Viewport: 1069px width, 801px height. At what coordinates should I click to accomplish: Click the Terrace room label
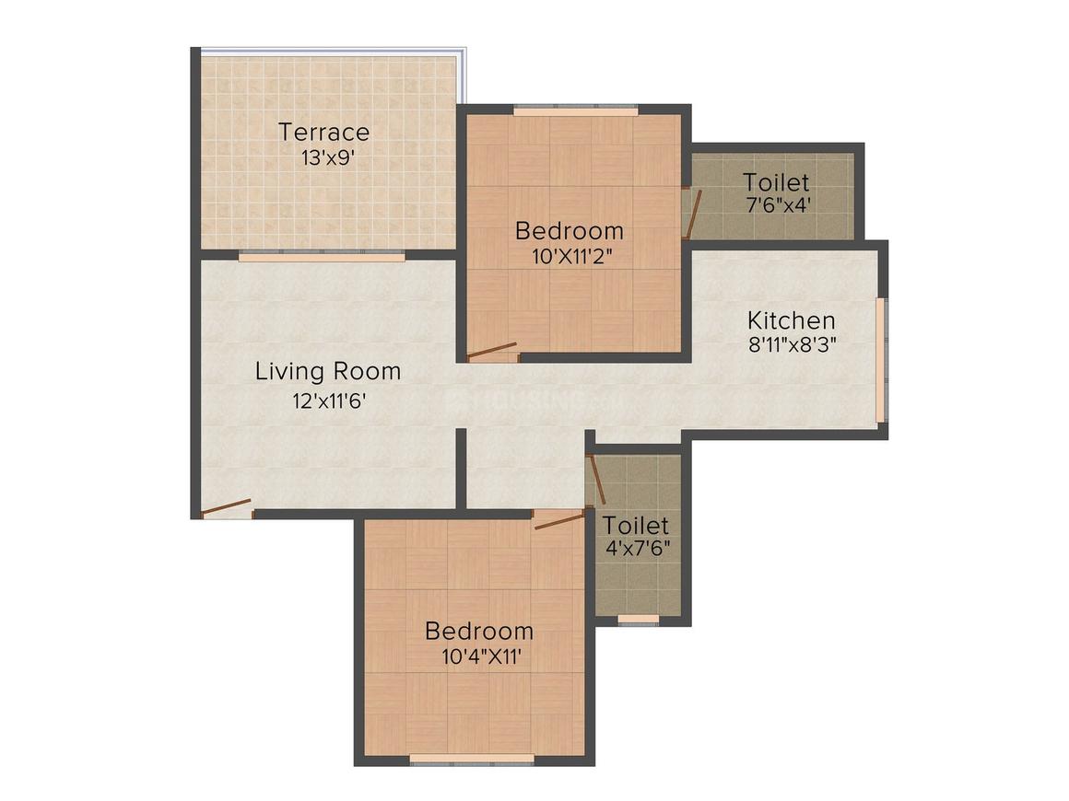[324, 132]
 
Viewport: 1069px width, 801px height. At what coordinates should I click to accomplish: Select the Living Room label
[328, 372]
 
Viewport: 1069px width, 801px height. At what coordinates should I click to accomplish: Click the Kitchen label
[791, 320]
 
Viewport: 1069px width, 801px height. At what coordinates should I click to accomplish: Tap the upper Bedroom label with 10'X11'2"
[569, 230]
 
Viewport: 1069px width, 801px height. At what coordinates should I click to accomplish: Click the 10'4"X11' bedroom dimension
[478, 657]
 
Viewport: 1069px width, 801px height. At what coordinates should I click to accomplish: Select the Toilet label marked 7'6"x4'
[776, 182]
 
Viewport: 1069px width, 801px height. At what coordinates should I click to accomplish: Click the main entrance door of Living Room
[227, 507]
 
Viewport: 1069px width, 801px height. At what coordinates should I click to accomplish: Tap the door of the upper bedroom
[492, 351]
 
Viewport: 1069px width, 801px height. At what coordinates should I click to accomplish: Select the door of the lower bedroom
[559, 520]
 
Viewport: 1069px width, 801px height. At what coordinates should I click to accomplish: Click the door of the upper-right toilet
[692, 214]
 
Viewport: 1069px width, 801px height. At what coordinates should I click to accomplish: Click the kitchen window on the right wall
[882, 358]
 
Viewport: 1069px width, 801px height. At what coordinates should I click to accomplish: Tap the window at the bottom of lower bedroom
[472, 760]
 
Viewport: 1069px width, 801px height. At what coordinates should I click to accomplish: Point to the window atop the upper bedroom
[575, 110]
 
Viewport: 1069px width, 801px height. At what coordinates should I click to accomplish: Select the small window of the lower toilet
[638, 620]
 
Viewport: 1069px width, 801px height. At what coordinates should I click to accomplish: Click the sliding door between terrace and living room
[321, 256]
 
